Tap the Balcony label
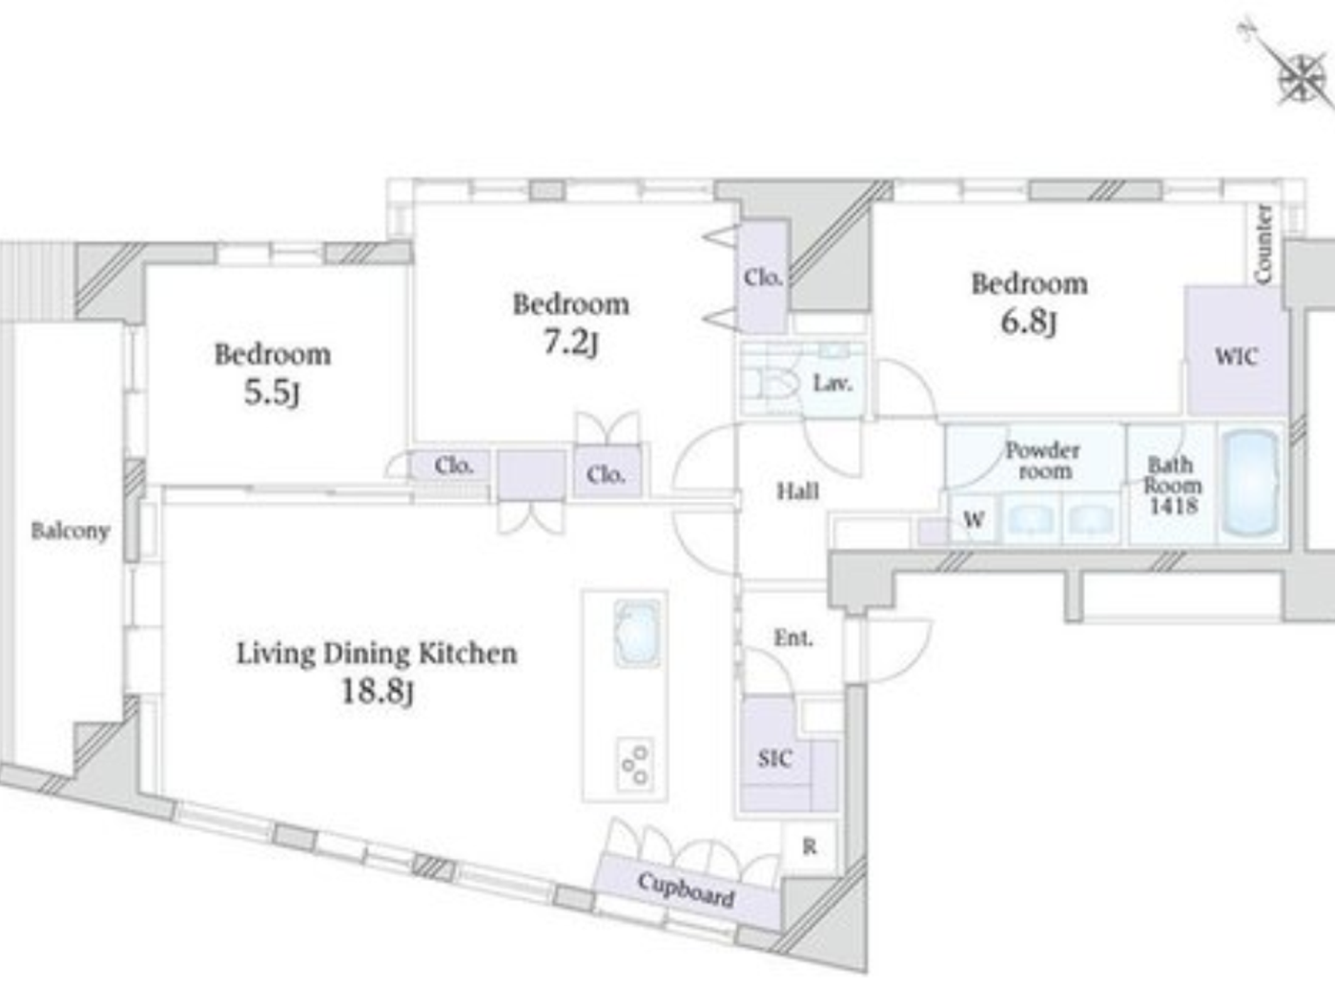click(70, 531)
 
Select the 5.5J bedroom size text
click(272, 392)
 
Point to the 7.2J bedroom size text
click(570, 342)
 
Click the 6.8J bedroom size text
click(1028, 322)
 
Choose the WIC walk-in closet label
click(1236, 357)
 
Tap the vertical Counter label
click(1263, 243)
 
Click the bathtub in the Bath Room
click(1250, 482)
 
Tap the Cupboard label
click(686, 889)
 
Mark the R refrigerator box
click(810, 846)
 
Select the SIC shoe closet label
click(774, 759)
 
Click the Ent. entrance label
click(792, 637)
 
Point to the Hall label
click(797, 491)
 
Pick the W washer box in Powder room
click(973, 520)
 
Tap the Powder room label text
click(1042, 460)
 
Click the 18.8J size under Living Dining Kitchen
click(377, 691)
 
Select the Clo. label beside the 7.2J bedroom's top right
click(763, 277)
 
